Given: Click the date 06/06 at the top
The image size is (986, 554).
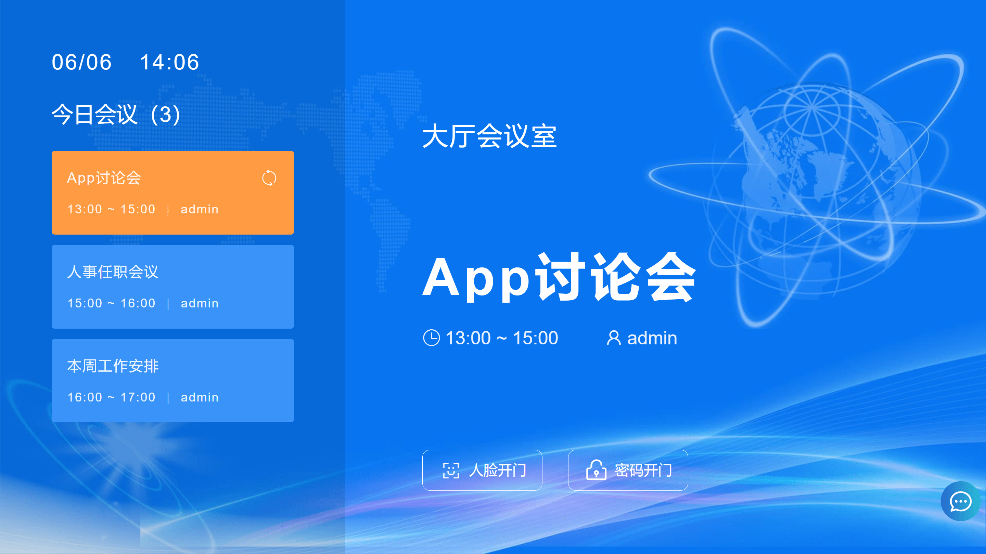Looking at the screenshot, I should click(81, 62).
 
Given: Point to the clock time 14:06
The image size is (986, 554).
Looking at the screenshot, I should click(169, 62).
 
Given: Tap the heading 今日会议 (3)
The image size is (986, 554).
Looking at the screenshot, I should click(116, 115).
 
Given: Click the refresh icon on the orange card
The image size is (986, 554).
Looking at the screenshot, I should click(269, 178).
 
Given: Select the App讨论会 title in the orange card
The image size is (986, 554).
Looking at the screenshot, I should click(104, 178).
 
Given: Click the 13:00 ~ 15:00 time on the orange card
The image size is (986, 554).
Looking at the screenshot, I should click(111, 209).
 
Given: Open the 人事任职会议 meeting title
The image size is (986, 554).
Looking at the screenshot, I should click(113, 272).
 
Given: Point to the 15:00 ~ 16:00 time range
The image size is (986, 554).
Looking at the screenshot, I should click(111, 303).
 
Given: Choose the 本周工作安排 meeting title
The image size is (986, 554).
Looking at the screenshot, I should click(113, 366).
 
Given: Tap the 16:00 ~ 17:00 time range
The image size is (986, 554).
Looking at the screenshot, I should click(111, 397).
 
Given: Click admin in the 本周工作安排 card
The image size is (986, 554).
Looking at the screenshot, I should click(200, 397).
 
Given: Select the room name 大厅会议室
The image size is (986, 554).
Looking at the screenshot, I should click(489, 136).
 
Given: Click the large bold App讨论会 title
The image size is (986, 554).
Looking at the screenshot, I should click(559, 277).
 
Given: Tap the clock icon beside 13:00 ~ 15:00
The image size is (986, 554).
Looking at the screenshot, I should click(431, 338).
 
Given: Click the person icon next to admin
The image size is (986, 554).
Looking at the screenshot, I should click(614, 338).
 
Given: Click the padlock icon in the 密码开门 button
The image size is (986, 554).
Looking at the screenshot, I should click(596, 470).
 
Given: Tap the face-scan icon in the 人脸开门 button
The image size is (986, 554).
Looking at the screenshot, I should click(450, 470).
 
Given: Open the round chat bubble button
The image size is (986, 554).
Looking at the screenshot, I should click(960, 501).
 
